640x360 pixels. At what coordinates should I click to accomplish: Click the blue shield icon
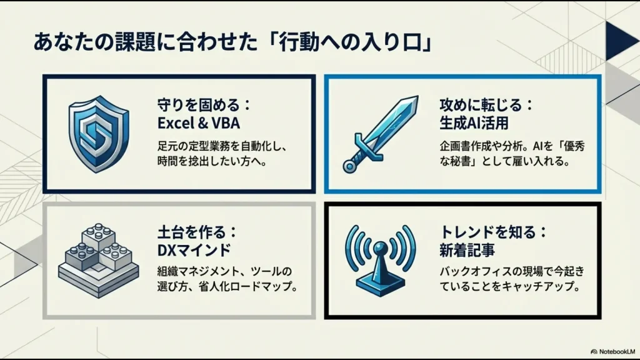98,133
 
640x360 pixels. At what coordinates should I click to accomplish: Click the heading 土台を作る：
197,232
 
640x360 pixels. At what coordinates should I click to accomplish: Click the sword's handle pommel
349,166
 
